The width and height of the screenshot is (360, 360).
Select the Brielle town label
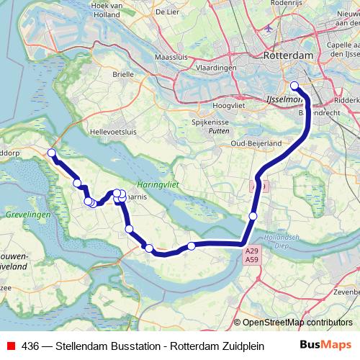tap(123, 73)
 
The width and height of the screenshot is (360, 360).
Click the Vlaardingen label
tap(215, 67)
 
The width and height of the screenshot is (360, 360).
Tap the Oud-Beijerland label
tap(256, 143)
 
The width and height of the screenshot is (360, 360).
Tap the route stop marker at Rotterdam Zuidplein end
tap(294, 86)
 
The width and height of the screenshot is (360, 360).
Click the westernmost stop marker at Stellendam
tap(51, 153)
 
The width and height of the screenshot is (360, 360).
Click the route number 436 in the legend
tap(30, 346)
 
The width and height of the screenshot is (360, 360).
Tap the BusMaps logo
tap(325, 345)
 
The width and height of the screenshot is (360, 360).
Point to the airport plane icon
tap(269, 29)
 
